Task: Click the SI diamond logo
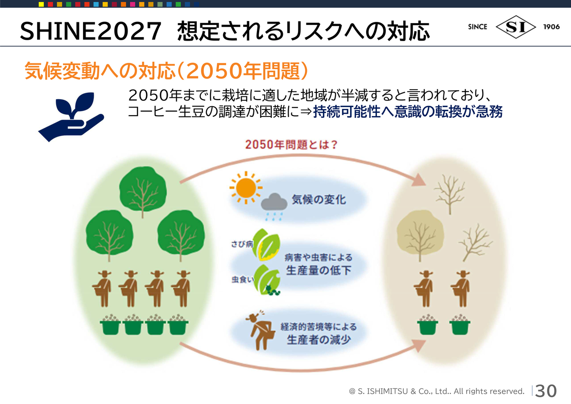pos(516,27)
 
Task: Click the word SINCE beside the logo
pos(477,27)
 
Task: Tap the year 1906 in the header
pos(551,27)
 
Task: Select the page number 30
pos(546,391)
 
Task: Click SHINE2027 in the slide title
pos(91,31)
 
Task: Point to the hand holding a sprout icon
pos(71,117)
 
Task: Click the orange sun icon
pos(246,188)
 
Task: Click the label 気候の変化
pos(319,200)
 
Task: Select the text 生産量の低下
pos(319,271)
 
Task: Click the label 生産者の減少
pos(319,340)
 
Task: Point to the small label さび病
pos(242,244)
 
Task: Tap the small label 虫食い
pos(243,279)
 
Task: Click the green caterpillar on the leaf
pos(273,290)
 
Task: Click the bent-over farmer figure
pos(260,330)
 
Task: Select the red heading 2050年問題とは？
pos(291,145)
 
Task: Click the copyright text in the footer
pos(436,391)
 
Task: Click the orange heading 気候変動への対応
pos(100,71)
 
